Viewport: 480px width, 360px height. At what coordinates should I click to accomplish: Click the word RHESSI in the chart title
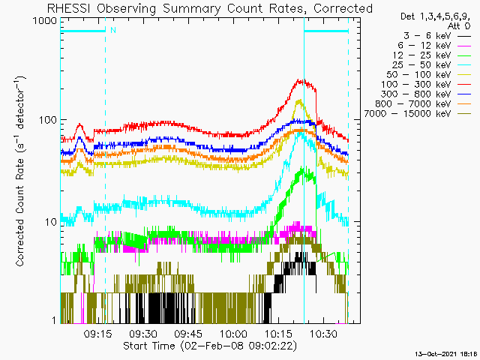[x=68, y=8]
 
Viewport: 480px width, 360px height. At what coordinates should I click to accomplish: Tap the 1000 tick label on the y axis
[x=45, y=21]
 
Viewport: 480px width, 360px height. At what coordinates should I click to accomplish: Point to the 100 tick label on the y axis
[x=48, y=120]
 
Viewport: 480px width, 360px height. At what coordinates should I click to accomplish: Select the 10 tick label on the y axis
[x=51, y=222]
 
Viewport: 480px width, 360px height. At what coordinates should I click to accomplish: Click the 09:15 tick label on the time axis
[x=98, y=333]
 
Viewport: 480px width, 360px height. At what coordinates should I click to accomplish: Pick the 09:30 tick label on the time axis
[x=143, y=333]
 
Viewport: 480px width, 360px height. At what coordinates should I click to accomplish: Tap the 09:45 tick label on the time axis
[x=188, y=333]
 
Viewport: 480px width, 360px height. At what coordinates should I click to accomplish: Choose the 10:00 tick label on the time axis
[x=233, y=333]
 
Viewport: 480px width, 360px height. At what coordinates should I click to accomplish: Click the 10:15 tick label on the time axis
[x=278, y=333]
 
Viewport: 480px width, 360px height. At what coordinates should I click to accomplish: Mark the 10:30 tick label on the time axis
[x=323, y=333]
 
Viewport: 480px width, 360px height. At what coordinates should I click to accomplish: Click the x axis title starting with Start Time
[x=210, y=346]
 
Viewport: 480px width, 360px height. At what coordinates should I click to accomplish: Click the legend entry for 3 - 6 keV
[x=436, y=36]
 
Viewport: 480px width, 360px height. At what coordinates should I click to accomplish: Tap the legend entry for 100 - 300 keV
[x=426, y=85]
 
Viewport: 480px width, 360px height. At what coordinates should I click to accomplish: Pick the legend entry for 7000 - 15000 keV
[x=418, y=114]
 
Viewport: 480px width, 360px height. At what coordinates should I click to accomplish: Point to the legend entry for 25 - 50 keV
[x=431, y=65]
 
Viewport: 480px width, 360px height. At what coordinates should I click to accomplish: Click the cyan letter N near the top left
[x=113, y=30]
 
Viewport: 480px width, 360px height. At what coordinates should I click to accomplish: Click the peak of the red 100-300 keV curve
[x=298, y=80]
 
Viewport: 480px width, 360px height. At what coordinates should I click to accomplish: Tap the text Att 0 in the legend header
[x=458, y=26]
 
